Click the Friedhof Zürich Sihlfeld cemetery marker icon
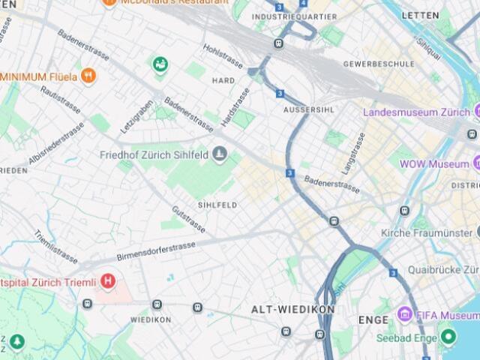[219, 154]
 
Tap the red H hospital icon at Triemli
[109, 282]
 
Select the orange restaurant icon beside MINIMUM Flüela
[88, 76]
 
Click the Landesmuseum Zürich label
[416, 112]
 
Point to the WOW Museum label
[433, 163]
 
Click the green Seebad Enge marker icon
[448, 335]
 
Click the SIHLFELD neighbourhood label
[217, 205]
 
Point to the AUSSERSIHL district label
[307, 109]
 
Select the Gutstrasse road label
[187, 218]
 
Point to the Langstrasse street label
[353, 153]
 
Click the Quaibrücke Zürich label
[442, 269]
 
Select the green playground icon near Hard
[160, 65]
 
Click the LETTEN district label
[420, 15]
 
